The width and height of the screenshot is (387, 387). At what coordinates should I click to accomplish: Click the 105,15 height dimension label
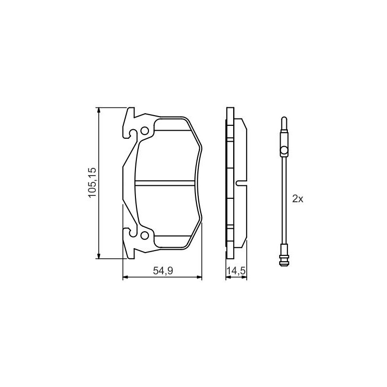pos(92,182)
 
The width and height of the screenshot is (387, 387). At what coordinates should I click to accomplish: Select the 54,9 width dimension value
pos(163,271)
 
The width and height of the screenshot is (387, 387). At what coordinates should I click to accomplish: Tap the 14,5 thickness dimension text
pos(236,271)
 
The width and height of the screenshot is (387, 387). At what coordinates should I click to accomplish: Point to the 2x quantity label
pos(298,199)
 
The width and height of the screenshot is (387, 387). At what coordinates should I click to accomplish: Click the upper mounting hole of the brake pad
pos(144,131)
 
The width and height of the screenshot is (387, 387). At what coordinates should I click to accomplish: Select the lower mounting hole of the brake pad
pos(144,236)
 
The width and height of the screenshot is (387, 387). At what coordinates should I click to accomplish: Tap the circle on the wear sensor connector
pos(284,150)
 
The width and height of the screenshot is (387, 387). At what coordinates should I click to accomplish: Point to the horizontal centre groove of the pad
pos(165,183)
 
